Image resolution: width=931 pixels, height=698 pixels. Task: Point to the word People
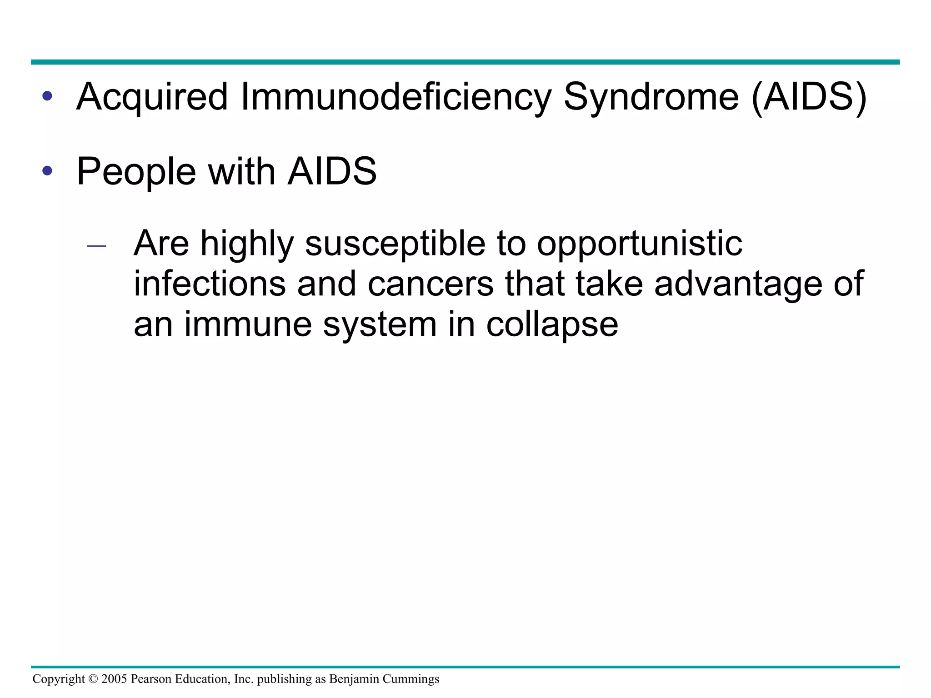(x=136, y=171)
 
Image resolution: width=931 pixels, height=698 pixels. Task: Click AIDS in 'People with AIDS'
(x=332, y=171)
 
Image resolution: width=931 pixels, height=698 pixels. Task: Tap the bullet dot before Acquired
(x=47, y=96)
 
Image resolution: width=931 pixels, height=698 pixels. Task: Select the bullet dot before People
(x=47, y=171)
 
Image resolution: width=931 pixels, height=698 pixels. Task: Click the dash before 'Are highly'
(x=96, y=246)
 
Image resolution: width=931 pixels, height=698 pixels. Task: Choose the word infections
(x=210, y=284)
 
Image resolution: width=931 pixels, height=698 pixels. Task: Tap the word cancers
(x=430, y=284)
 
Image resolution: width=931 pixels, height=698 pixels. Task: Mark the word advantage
(x=738, y=284)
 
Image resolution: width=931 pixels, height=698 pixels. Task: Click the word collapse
(x=552, y=324)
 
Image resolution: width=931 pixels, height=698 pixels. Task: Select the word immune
(x=248, y=324)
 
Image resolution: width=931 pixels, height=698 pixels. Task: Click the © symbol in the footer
(x=93, y=679)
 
